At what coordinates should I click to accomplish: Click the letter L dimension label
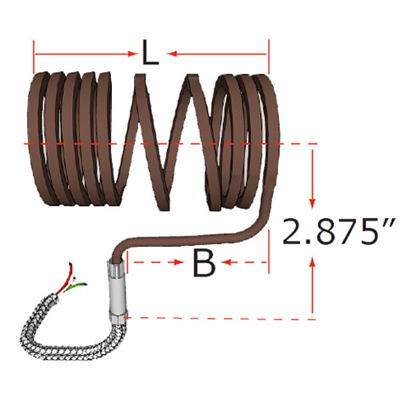[x=150, y=55]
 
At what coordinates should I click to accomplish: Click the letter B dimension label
[x=203, y=264]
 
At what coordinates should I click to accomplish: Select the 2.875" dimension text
[x=332, y=231]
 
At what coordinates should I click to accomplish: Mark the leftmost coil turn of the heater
[x=37, y=140]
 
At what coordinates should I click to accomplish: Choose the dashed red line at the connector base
[x=220, y=319]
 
